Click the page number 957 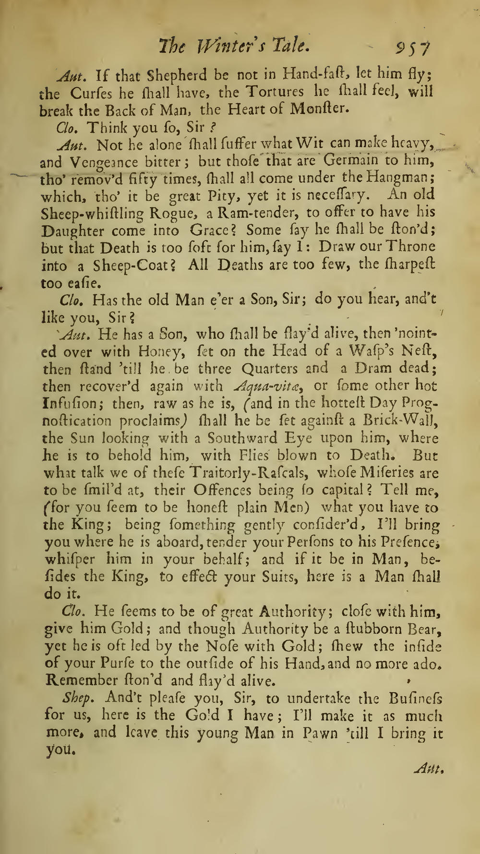pyautogui.click(x=412, y=47)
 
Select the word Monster pyautogui.click(x=318, y=109)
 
